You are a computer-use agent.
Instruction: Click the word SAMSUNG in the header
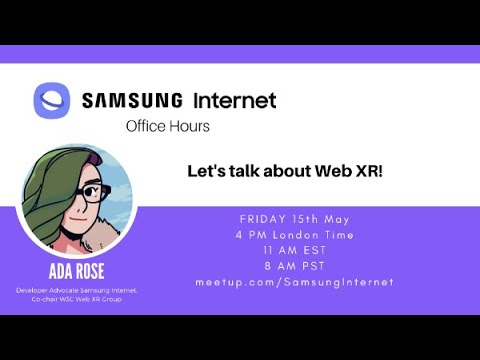(132, 101)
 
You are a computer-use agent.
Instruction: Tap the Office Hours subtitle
(168, 127)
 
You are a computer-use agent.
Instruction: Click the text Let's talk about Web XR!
(286, 171)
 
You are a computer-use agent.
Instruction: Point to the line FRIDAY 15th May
(294, 219)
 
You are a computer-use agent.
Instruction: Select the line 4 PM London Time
(294, 234)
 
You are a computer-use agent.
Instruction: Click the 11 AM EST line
(294, 250)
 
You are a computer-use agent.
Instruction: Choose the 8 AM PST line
(294, 266)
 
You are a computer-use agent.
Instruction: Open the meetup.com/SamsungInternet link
(294, 282)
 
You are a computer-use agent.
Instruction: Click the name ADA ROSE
(76, 272)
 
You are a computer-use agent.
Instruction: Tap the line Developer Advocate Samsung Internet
(76, 290)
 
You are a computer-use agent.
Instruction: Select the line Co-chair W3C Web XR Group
(76, 299)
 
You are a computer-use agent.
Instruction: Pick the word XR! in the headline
(366, 171)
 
